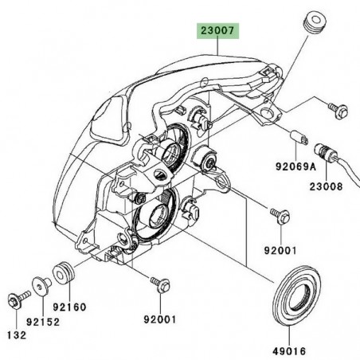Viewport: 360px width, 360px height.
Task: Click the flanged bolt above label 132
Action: pos(14,301)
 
